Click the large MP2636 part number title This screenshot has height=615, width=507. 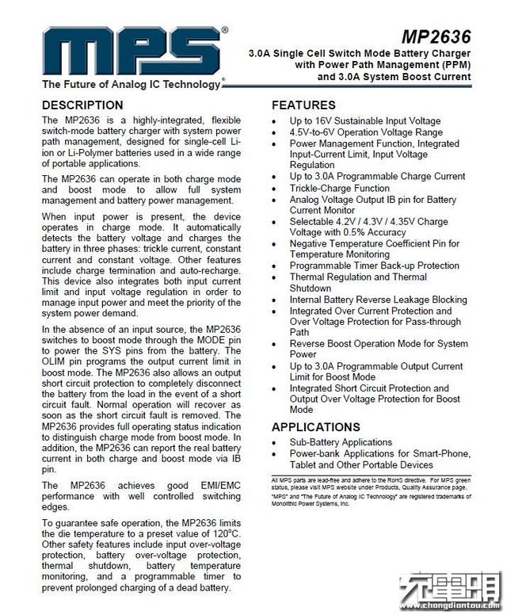436,37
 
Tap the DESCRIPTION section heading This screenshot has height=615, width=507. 82,105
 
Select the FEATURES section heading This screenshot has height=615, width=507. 303,105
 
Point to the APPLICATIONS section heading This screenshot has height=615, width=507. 316,426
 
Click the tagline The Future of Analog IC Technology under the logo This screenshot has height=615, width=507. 131,84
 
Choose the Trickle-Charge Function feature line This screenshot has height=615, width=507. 339,189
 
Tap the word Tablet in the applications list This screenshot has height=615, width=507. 305,464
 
